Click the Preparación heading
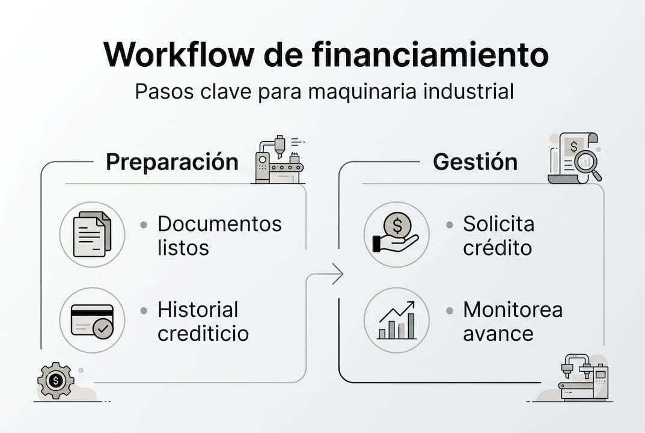[172, 162]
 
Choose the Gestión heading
[475, 162]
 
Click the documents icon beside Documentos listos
[92, 234]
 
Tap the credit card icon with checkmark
[92, 320]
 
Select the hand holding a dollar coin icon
[396, 234]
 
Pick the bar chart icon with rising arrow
[396, 320]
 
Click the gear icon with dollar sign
[55, 380]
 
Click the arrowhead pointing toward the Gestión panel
[338, 274]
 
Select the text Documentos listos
[219, 235]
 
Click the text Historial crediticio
[203, 322]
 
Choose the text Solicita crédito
[498, 235]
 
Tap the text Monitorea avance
[512, 322]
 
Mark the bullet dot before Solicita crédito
[449, 225]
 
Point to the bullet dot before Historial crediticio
[144, 311]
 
